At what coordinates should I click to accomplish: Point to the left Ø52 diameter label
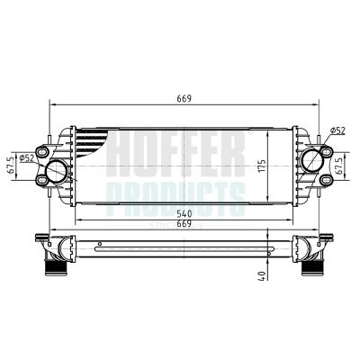(x=27, y=158)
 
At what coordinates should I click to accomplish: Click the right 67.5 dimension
(x=338, y=167)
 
